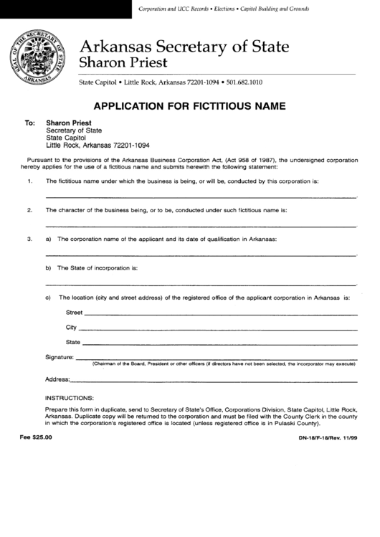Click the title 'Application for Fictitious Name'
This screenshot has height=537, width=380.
click(x=189, y=105)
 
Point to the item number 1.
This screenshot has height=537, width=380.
click(x=29, y=181)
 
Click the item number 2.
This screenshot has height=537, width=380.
click(x=29, y=210)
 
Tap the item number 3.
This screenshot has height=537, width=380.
click(x=29, y=238)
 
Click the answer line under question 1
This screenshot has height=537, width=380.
click(x=201, y=196)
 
